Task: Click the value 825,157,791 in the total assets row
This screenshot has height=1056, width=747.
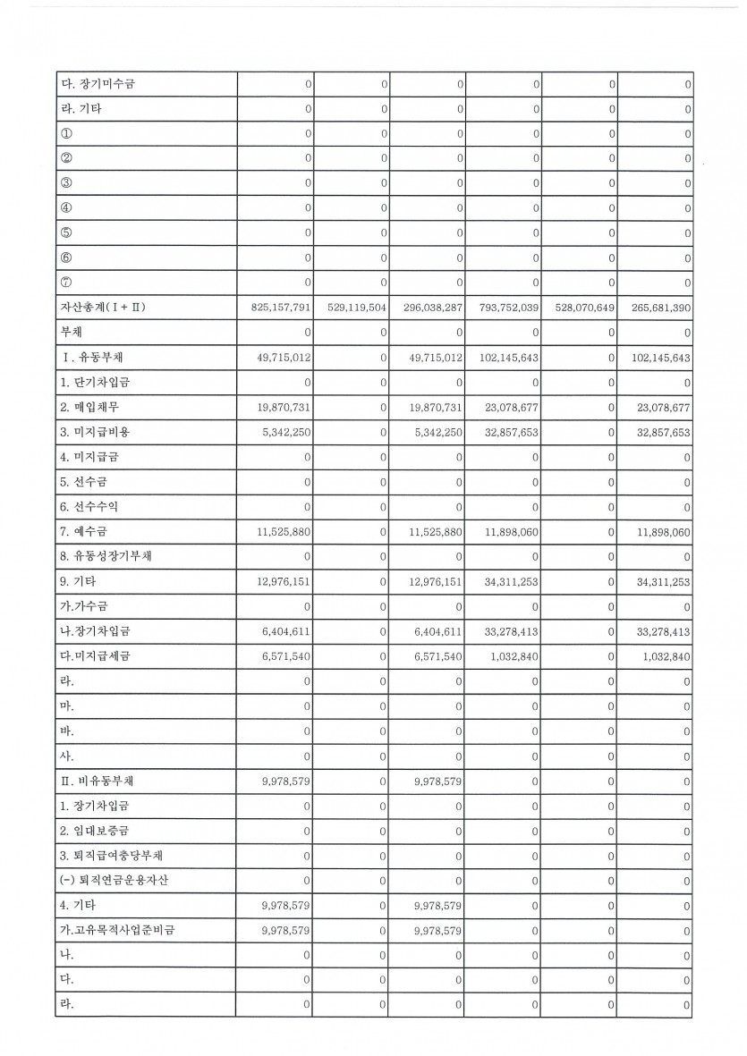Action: coord(283,308)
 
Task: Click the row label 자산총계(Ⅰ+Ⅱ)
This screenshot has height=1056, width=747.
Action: coord(98,308)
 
